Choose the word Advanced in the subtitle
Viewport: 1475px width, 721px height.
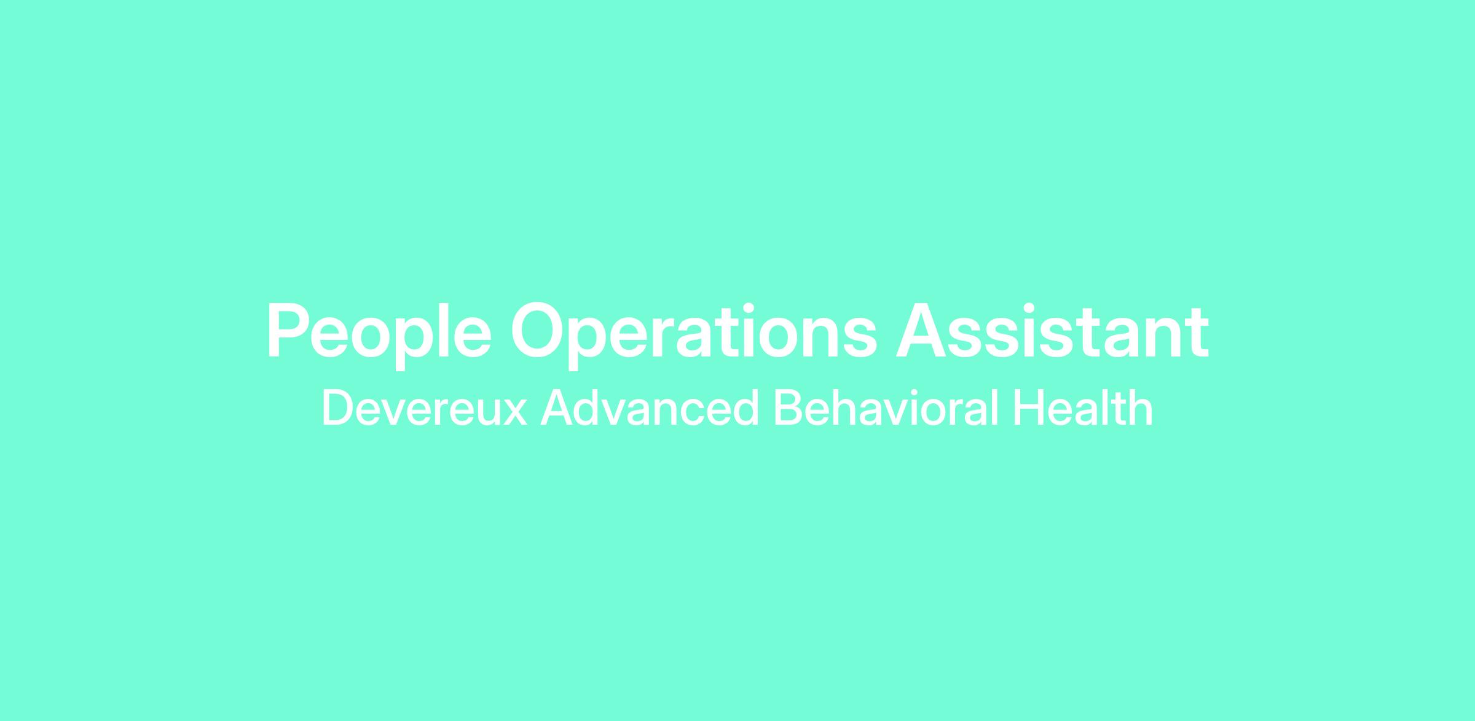pyautogui.click(x=650, y=408)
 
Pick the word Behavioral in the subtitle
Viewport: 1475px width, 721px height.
pyautogui.click(x=886, y=408)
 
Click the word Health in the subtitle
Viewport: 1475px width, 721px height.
pyautogui.click(x=1082, y=408)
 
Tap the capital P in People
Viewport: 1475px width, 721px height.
pyautogui.click(x=286, y=331)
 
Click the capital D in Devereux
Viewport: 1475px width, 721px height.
pyautogui.click(x=337, y=408)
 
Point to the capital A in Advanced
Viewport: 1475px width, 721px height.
pyautogui.click(x=556, y=408)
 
